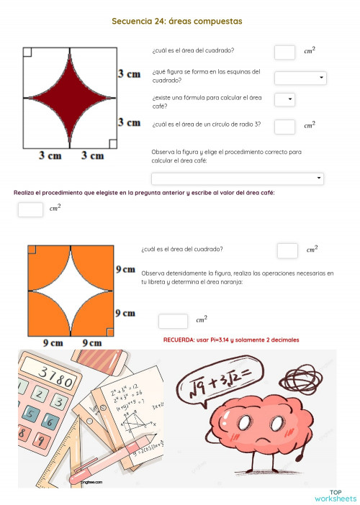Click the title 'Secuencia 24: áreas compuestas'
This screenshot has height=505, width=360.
(176, 22)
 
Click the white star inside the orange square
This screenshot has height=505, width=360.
(71, 291)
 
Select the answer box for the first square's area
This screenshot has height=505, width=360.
(284, 52)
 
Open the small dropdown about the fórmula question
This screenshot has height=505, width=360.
(284, 100)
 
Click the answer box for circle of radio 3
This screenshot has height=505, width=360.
(284, 127)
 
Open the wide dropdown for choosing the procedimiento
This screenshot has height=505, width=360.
(237, 178)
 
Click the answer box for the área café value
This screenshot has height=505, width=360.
(30, 210)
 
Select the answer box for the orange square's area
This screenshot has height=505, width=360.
(287, 250)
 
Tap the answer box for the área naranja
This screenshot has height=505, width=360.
(173, 321)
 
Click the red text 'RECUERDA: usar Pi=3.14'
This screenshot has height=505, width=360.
(231, 340)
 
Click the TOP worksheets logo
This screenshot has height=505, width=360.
(336, 496)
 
